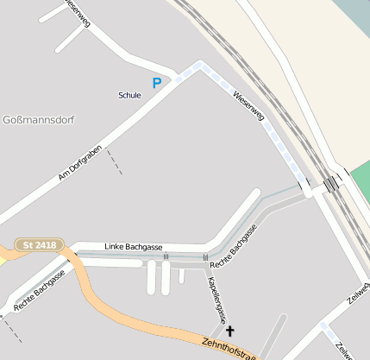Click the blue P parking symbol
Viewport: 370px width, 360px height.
(x=157, y=83)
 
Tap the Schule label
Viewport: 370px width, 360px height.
(x=129, y=95)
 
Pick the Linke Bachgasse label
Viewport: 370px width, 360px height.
(x=134, y=247)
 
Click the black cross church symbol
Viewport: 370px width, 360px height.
(x=229, y=330)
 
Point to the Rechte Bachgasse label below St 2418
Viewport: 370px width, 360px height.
(x=40, y=291)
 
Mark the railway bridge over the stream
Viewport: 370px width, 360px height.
(x=332, y=183)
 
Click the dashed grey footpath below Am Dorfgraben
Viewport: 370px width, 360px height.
(x=114, y=161)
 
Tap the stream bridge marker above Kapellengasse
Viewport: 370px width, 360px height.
(x=205, y=257)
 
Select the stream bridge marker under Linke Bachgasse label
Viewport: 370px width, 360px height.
(x=166, y=256)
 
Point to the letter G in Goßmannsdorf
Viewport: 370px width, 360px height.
(x=8, y=118)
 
